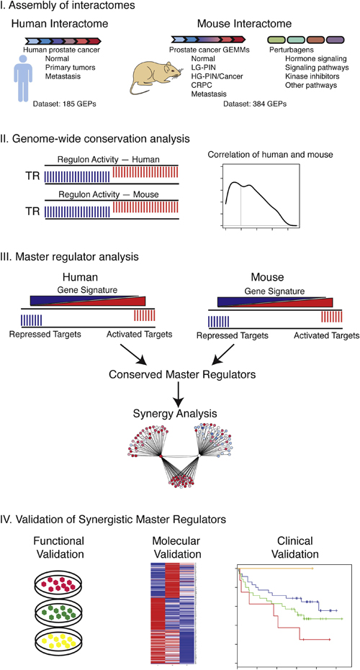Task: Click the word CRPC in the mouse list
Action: pos(201,85)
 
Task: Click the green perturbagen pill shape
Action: pos(276,40)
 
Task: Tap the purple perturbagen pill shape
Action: pos(336,40)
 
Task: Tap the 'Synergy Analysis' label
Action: pos(179,414)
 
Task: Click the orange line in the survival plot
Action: pos(276,569)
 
